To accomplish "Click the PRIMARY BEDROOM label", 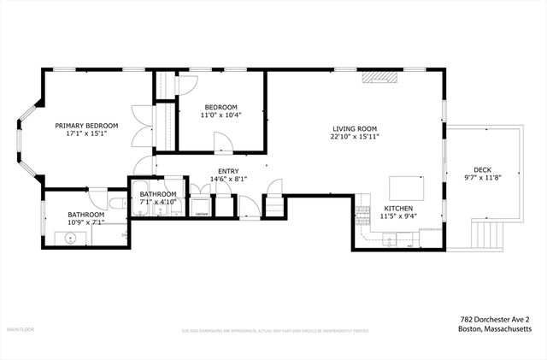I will pos(86,126).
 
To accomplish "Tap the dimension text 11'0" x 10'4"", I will pos(221,115).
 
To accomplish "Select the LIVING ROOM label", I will pos(356,128).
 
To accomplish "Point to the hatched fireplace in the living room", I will pos(379,77).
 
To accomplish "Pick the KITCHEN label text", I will pos(400,209).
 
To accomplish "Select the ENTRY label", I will pos(229,171).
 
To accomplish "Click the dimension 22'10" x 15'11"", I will pos(356,136).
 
